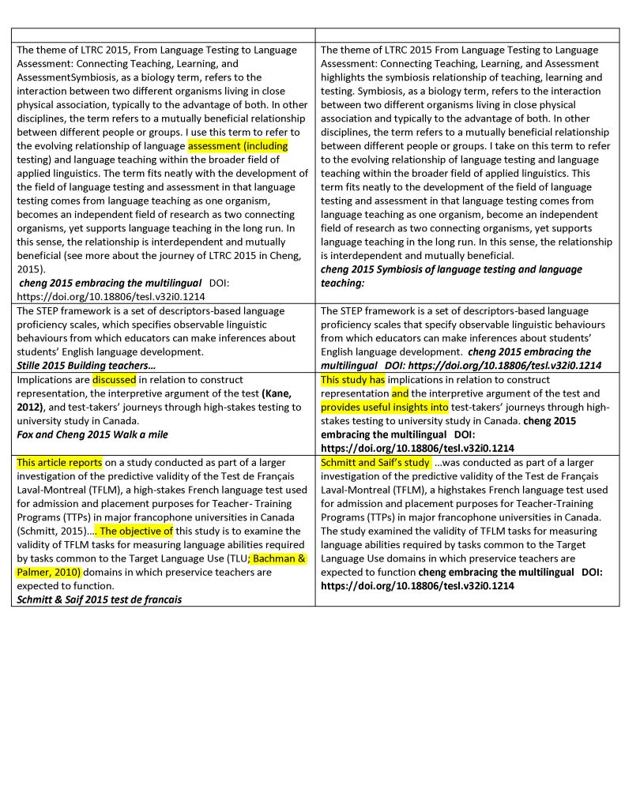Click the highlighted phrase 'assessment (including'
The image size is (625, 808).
click(x=238, y=146)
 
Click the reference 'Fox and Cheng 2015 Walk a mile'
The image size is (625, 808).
click(x=92, y=434)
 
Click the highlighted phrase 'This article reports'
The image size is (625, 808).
click(x=59, y=462)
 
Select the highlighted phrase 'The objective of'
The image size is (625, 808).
click(x=136, y=531)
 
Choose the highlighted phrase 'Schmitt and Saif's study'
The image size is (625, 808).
click(x=375, y=462)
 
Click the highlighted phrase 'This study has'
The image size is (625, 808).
click(x=352, y=380)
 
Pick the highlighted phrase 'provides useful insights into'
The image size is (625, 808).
click(x=385, y=408)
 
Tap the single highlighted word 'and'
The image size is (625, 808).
click(x=400, y=393)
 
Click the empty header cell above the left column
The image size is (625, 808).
click(x=162, y=36)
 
